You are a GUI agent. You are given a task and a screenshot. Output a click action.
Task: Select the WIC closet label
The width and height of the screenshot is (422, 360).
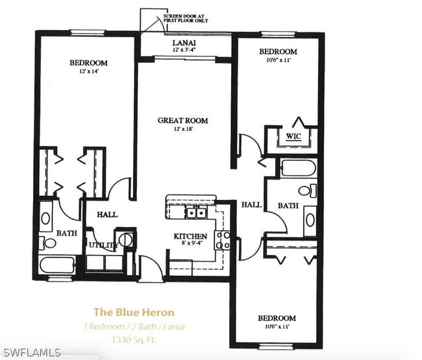click(293, 136)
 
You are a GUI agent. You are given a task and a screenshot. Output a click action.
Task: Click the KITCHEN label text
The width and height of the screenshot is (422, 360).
click(190, 236)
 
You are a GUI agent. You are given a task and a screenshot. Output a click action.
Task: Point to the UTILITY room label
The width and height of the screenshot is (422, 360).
click(103, 246)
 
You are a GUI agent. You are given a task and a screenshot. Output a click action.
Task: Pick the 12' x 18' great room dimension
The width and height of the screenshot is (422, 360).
click(184, 129)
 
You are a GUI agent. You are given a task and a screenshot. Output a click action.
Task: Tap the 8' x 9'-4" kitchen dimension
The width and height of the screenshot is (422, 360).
click(190, 245)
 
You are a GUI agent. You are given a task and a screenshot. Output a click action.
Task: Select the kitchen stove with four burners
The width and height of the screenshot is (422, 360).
click(223, 240)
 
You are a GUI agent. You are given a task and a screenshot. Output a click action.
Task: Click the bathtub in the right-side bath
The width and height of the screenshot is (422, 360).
click(298, 168)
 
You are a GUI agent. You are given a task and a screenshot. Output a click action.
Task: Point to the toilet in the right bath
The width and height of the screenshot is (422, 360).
click(308, 191)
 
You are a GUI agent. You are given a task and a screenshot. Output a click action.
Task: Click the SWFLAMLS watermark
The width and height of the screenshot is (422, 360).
click(31, 353)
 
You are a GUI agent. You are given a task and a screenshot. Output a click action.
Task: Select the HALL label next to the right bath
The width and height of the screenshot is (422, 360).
click(251, 204)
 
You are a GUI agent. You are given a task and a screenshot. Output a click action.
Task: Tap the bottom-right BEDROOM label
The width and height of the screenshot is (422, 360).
click(277, 318)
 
